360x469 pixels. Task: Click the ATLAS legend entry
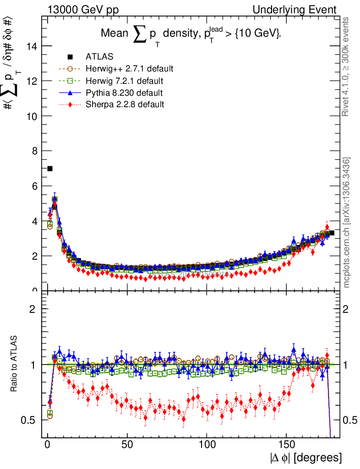click(99, 57)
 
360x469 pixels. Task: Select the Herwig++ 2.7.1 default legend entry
click(129, 69)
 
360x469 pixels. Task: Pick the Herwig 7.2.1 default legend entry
click(124, 81)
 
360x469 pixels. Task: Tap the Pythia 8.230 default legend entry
click(124, 93)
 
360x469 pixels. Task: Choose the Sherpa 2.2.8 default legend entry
click(125, 104)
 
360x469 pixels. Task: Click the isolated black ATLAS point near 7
click(50, 169)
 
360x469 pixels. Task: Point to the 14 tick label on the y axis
click(33, 46)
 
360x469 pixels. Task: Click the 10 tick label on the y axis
click(33, 116)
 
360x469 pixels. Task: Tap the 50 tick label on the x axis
click(127, 445)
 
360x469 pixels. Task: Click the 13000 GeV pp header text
click(83, 10)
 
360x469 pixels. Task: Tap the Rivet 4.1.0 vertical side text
click(347, 66)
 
